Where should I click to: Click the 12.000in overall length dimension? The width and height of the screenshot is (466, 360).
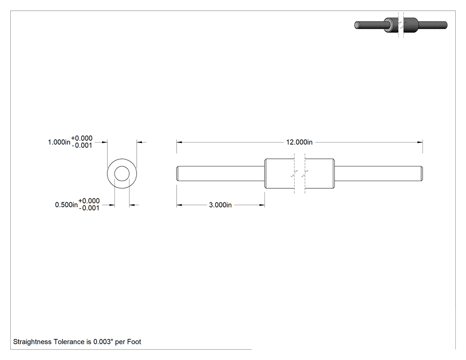click(299, 142)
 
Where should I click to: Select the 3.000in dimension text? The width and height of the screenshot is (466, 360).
click(220, 205)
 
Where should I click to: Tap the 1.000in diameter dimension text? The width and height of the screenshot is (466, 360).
click(59, 142)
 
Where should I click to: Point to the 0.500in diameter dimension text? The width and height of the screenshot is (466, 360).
click(66, 205)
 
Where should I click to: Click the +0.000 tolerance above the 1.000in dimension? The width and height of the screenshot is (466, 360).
click(82, 138)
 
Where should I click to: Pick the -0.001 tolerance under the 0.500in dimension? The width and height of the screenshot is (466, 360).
click(89, 208)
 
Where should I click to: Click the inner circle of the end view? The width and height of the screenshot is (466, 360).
click(122, 166)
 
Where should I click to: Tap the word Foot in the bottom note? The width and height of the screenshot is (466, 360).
click(134, 342)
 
